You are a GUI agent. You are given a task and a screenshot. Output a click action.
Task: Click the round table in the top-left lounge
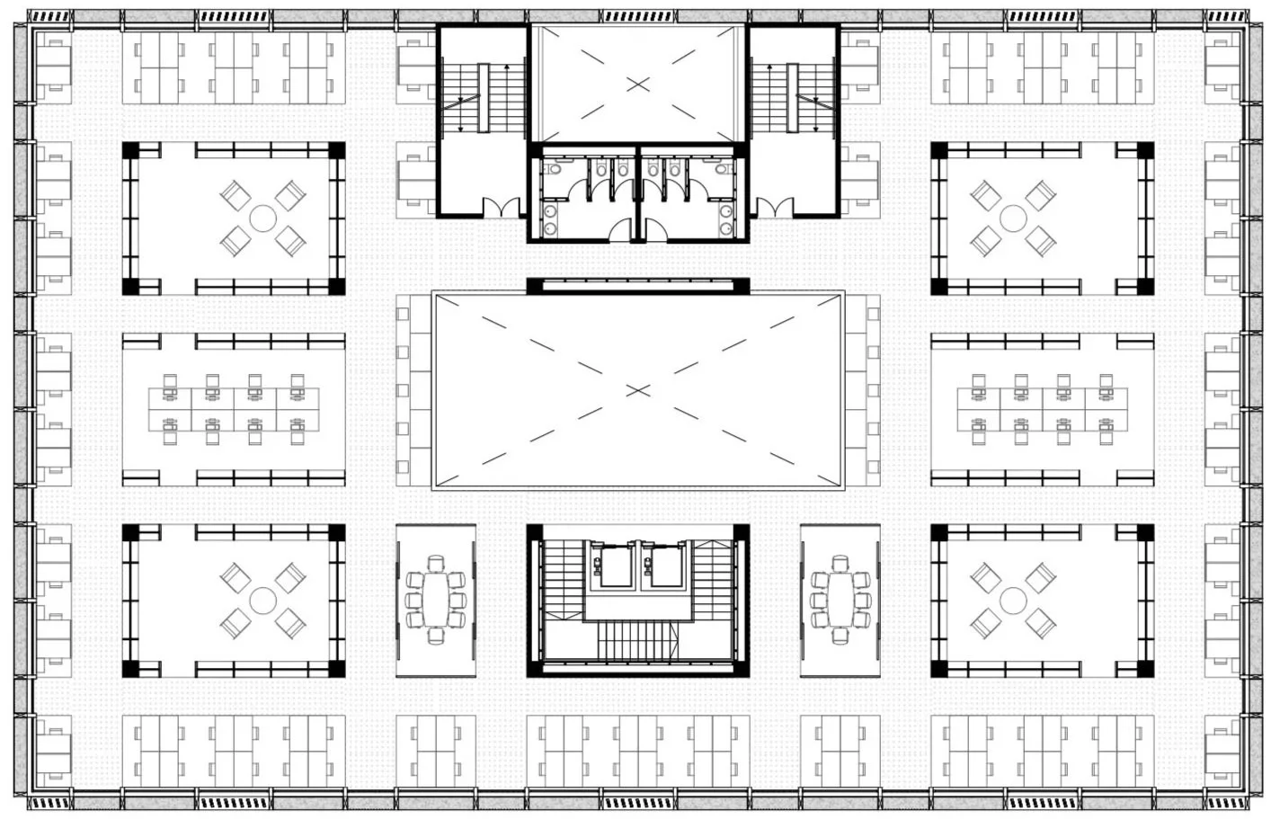pos(262,218)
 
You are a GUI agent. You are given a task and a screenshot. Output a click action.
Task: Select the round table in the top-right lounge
pos(1013,218)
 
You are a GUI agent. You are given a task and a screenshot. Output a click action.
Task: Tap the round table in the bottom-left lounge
pos(262,600)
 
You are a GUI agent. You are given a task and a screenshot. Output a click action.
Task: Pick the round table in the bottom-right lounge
pos(1013,600)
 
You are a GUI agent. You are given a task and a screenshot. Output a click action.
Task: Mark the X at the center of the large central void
pos(637,390)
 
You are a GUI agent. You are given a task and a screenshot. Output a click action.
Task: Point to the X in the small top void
pos(637,84)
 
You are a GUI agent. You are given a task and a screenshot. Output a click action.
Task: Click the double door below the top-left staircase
pos(503,207)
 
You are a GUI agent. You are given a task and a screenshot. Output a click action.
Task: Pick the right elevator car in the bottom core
pos(666,567)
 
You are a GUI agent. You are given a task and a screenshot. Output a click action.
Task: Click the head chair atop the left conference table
pos(436,565)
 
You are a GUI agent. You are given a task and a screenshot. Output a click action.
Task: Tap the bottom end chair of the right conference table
pos(840,636)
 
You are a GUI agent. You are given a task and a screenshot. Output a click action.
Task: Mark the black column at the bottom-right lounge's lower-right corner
pos(1144,668)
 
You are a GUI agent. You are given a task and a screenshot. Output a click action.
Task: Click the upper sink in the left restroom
pos(550,210)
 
